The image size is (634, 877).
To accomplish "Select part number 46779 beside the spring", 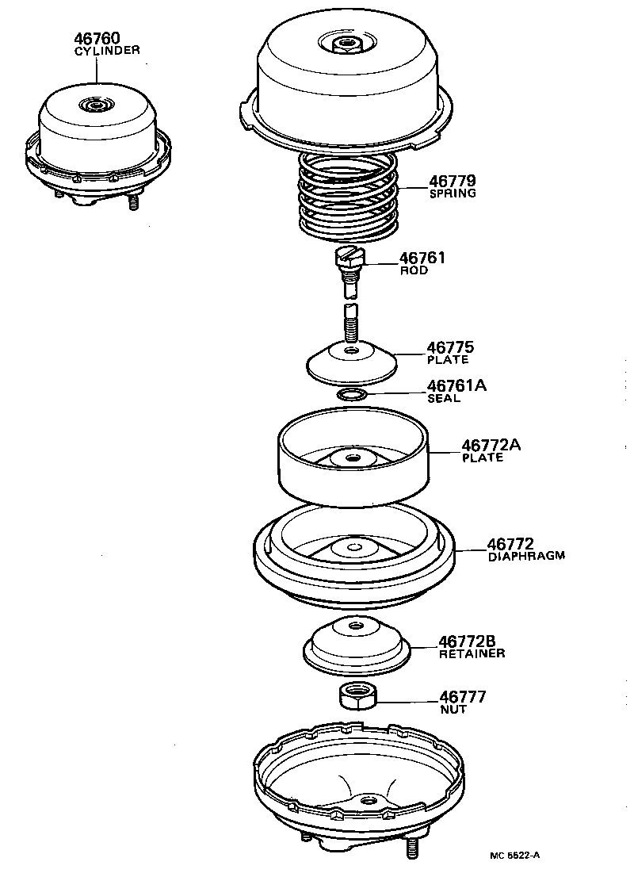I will tap(453, 182).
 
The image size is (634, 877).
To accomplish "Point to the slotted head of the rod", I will tap(349, 256).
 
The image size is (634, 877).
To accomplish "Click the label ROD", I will tap(414, 270).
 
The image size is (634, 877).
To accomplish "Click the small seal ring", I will tap(352, 394).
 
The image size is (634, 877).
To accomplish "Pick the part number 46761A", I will tap(456, 386).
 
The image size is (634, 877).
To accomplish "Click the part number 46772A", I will tap(491, 445).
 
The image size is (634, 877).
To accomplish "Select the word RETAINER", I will tap(472, 653).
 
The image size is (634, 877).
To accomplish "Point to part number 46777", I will tap(462, 697).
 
